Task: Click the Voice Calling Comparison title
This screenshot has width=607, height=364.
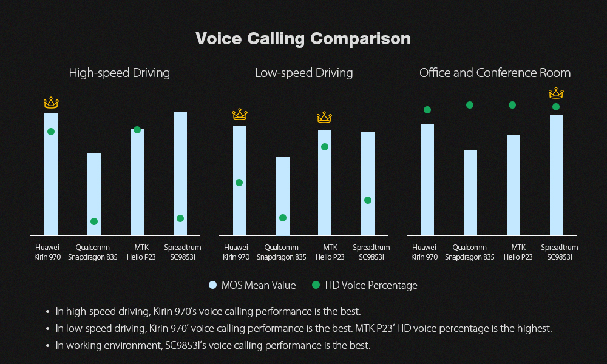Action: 303,39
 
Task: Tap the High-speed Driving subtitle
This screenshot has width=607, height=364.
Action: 119,73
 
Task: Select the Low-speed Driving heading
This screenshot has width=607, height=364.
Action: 303,73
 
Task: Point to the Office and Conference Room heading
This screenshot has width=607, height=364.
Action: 495,73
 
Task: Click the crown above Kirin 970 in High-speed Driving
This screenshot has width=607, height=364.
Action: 51,103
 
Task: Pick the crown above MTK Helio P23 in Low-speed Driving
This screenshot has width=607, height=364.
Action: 325,117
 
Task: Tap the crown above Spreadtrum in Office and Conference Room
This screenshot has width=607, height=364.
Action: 556,93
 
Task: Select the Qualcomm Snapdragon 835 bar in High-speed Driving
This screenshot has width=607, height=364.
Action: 94,194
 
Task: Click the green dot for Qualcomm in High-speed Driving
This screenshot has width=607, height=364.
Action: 94,221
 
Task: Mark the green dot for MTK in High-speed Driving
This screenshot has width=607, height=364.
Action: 137,130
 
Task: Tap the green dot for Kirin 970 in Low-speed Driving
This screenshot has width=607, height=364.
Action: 239,183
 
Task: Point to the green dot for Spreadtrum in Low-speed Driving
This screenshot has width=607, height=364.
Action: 368,200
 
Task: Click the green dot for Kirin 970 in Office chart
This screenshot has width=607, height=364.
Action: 427,110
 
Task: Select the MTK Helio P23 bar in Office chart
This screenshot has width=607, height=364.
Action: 514,185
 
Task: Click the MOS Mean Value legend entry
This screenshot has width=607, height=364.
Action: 252,285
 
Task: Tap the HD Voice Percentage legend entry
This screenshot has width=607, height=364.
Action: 364,285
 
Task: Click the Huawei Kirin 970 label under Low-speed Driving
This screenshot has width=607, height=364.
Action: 236,252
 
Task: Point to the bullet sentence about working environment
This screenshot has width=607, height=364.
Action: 212,346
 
